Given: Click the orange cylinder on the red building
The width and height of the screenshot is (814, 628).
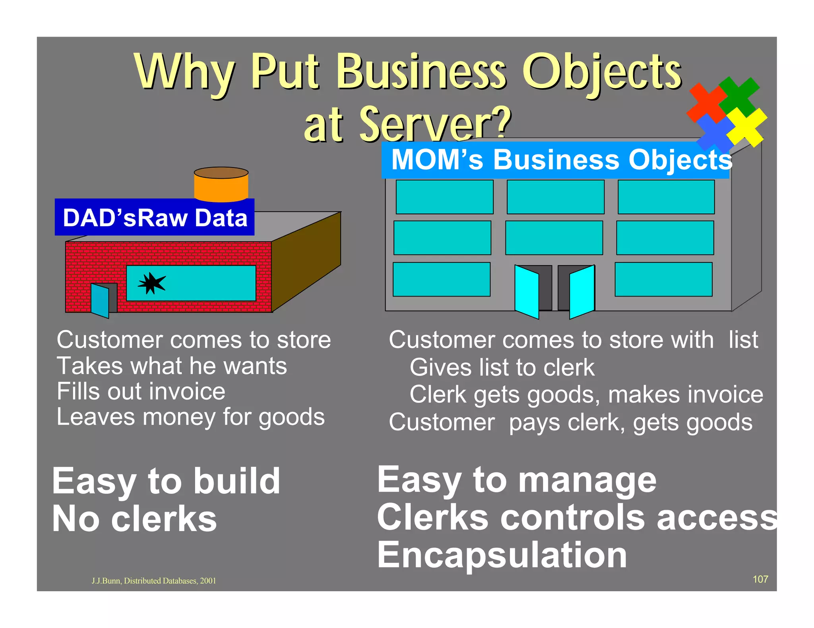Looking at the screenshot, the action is click(221, 185).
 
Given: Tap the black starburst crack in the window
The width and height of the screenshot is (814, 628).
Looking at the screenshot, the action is click(151, 283).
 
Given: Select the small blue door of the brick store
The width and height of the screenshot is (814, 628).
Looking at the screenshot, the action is click(100, 301).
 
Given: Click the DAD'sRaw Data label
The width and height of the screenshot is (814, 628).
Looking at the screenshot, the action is click(155, 218).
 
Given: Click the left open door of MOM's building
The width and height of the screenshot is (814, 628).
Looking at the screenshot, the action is click(527, 292).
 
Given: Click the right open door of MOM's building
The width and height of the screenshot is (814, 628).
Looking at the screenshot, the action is click(582, 292).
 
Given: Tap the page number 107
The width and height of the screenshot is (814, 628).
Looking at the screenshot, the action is click(760, 579).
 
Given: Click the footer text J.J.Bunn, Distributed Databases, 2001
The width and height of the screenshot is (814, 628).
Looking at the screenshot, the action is click(154, 581).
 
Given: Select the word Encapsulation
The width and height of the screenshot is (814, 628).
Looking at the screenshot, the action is click(502, 555).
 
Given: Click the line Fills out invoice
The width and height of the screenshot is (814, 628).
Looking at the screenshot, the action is click(141, 391).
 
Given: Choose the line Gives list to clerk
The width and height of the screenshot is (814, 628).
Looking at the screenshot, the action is click(502, 367).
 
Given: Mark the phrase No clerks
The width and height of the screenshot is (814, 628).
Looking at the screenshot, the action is click(134, 519).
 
